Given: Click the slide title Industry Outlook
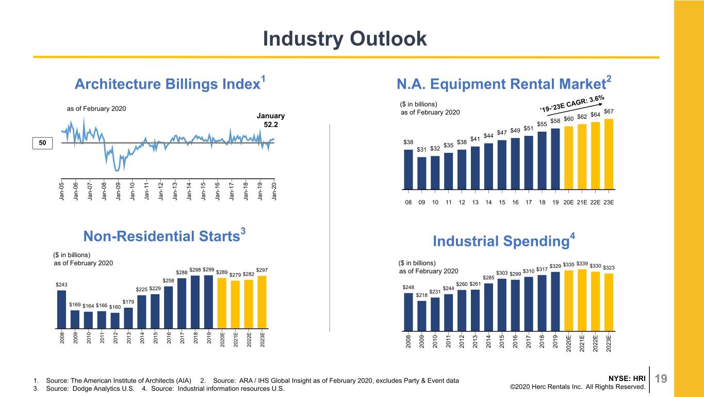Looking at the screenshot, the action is point(345,39).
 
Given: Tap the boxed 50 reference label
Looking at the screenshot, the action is point(42,143).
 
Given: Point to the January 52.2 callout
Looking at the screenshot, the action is point(271,120).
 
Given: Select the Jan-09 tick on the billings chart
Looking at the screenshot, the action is point(118,191).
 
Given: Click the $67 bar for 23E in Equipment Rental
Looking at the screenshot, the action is point(609,154).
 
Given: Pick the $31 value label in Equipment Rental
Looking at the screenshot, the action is point(421,150).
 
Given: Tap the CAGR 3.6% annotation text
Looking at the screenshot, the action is point(572,104).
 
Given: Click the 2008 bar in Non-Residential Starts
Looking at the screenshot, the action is point(61,310).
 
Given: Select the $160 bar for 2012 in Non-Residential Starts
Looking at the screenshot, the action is point(115,321).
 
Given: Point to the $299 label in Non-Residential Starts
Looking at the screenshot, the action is point(208,269).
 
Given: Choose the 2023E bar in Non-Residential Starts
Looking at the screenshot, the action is point(262,303).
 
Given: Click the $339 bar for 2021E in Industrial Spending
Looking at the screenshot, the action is point(582,300).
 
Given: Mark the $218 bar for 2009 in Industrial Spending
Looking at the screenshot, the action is point(422,316).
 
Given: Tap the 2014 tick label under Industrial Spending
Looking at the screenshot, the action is point(488,342).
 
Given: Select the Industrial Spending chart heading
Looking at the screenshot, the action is point(504,241).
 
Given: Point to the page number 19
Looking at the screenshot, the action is point(661,378).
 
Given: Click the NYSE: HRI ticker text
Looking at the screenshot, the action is point(627,378).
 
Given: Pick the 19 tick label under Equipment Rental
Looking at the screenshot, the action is point(555,202).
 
